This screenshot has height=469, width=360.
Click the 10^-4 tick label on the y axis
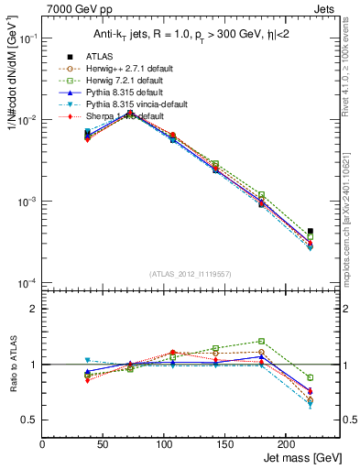pyautogui.click(x=27, y=282)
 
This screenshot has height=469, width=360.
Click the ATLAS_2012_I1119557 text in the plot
pyautogui.click(x=190, y=275)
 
